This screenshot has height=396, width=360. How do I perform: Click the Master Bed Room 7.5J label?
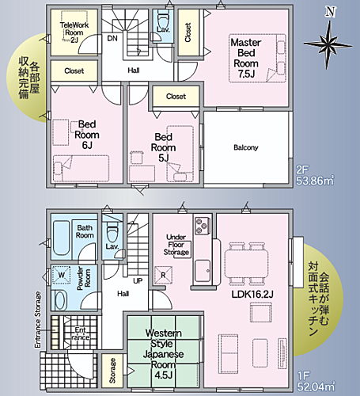(x=246, y=57)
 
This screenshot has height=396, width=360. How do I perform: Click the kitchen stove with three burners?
(x=201, y=227)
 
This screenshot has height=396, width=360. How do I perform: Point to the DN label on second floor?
(x=112, y=37)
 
